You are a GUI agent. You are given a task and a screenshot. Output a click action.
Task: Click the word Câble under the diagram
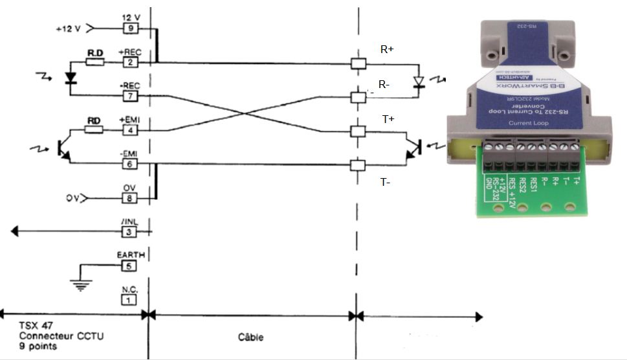pyautogui.click(x=250, y=337)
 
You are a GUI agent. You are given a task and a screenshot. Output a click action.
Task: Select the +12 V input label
pyautogui.click(x=68, y=28)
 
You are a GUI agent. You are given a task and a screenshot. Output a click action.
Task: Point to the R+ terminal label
pyautogui.click(x=387, y=49)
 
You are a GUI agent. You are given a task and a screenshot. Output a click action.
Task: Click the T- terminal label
pyautogui.click(x=386, y=183)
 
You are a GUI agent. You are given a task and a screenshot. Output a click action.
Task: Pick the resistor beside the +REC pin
pyautogui.click(x=94, y=62)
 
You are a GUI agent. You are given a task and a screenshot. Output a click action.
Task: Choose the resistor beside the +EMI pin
pyautogui.click(x=94, y=130)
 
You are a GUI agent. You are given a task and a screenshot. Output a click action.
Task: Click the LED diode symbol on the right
pyautogui.click(x=419, y=82)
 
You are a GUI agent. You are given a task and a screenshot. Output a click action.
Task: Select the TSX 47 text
pyautogui.click(x=34, y=326)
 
